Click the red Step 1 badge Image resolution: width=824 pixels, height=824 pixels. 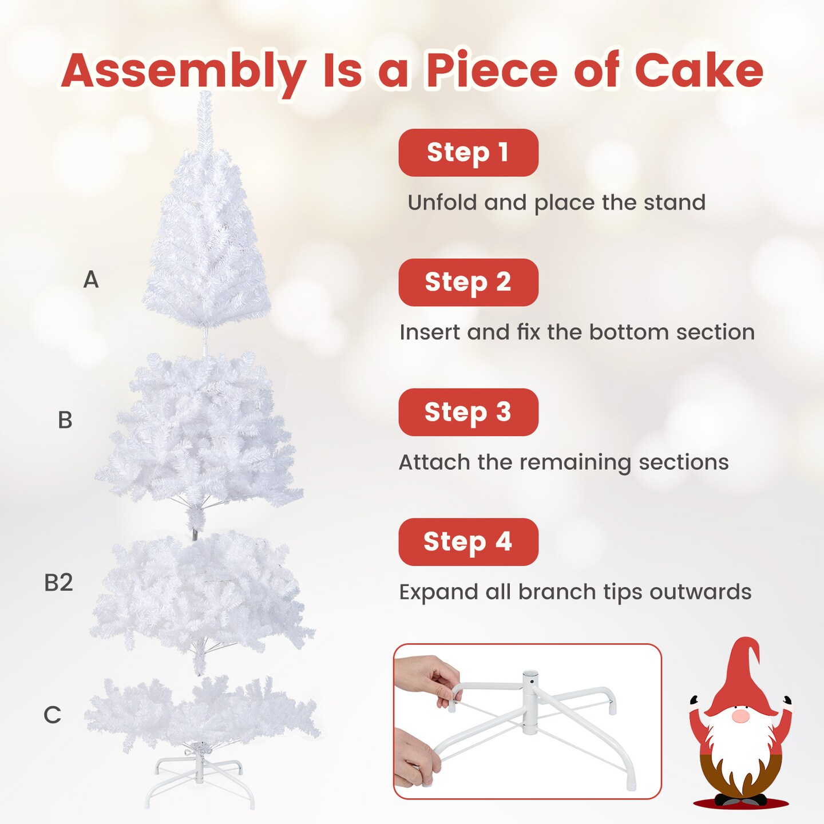(468, 153)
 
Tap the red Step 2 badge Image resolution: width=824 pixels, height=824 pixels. (468, 283)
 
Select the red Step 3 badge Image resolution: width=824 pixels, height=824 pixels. (468, 413)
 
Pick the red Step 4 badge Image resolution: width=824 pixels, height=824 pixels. (468, 542)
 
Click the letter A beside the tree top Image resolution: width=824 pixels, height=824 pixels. (91, 280)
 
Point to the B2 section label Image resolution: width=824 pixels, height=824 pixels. (58, 583)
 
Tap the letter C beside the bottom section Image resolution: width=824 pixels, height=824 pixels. (52, 715)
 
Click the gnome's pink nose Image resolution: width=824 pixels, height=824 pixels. (740, 716)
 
